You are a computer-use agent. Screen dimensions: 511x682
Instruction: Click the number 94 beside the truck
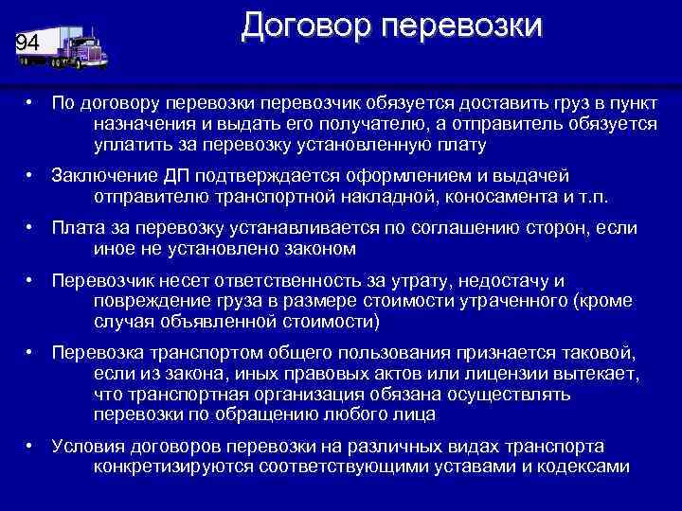point(28,44)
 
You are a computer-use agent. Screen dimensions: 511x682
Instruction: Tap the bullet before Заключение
point(31,176)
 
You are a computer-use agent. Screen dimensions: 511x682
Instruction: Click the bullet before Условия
point(31,446)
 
